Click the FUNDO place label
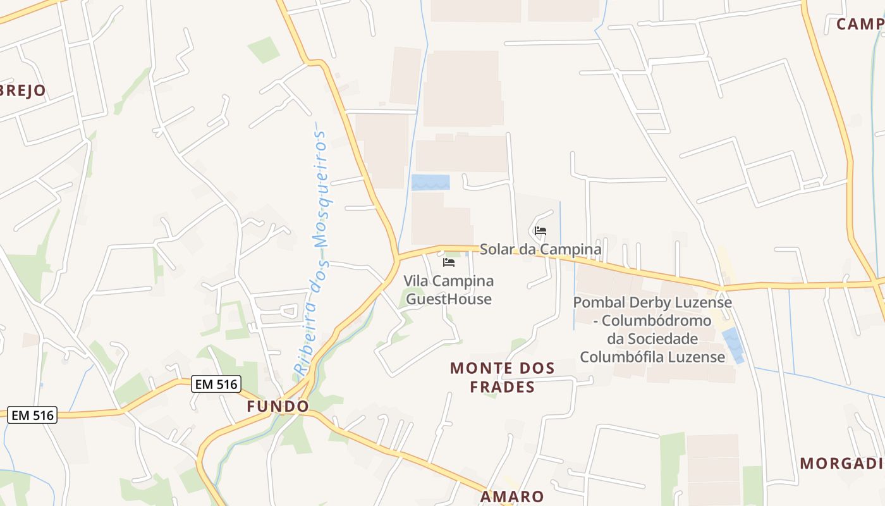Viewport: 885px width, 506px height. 278,406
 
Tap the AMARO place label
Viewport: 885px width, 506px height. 512,497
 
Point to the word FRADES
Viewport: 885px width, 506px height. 503,387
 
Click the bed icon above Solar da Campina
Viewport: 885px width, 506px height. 540,231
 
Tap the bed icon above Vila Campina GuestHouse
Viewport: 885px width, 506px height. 449,262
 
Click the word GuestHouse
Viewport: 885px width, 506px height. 449,299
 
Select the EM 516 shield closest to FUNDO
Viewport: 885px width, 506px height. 216,384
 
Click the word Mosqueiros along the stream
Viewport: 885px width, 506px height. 322,190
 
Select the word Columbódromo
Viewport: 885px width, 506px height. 657,321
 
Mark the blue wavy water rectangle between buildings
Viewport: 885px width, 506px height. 430,182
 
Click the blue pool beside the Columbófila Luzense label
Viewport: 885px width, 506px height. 733,345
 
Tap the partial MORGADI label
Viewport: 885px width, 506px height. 841,463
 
